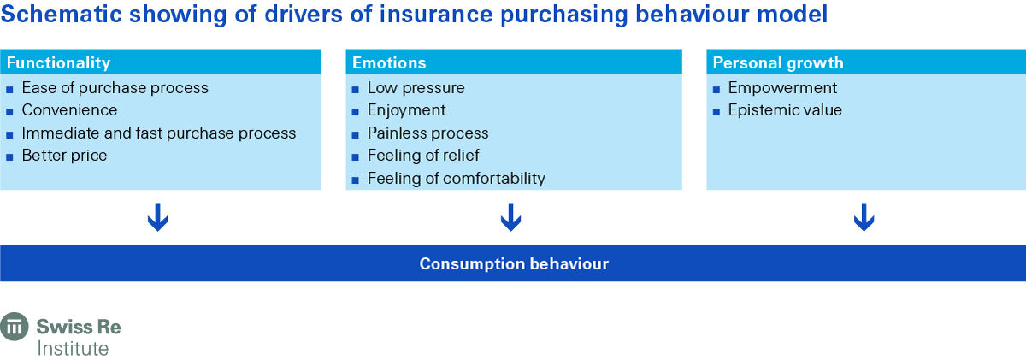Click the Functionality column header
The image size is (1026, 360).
tap(58, 62)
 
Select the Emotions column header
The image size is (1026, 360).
tap(388, 62)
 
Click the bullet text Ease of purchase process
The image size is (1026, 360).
tap(115, 87)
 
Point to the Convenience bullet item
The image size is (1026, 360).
tap(69, 110)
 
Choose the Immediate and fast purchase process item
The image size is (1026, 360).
tap(158, 133)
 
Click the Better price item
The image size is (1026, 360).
tap(64, 156)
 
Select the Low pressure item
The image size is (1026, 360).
tap(416, 87)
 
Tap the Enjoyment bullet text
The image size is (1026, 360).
tap(406, 110)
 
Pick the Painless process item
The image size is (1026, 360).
tap(427, 133)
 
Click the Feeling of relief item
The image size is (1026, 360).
tap(423, 156)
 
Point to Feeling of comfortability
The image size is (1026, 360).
tap(456, 178)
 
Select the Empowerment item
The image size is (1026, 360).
tap(782, 87)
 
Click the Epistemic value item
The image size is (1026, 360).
tap(784, 110)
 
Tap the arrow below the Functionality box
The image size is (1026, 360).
tap(158, 217)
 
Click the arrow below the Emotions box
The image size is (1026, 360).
tap(510, 217)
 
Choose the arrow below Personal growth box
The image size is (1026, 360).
tap(864, 217)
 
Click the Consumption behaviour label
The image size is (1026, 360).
tap(513, 263)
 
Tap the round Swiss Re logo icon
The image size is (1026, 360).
tap(15, 328)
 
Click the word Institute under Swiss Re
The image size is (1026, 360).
tap(73, 348)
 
